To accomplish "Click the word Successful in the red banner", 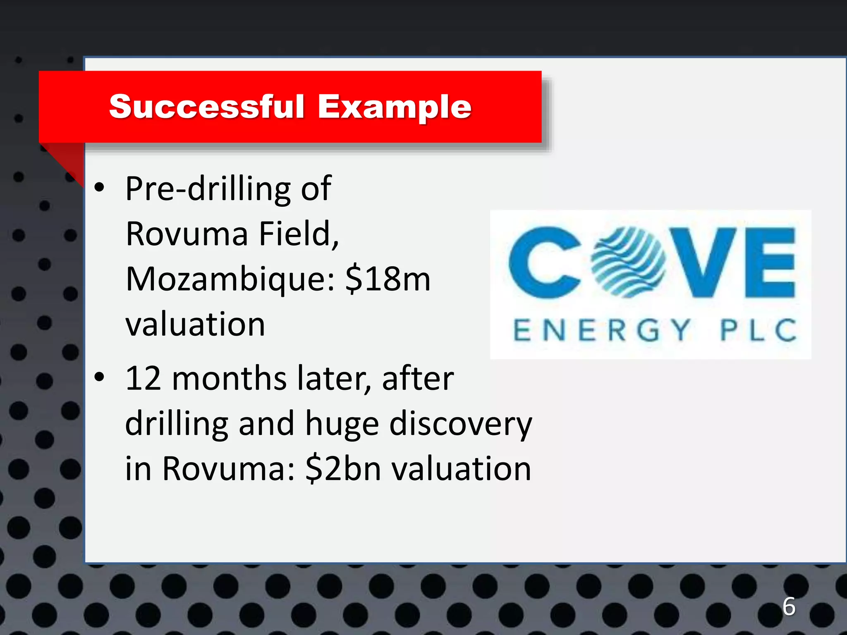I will click(x=207, y=107).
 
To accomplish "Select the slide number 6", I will click(x=789, y=606).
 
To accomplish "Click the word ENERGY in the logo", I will click(x=602, y=330).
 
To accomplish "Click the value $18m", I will click(x=388, y=279).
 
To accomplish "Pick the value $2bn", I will click(x=343, y=469).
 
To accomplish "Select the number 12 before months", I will click(x=143, y=378).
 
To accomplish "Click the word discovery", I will click(x=461, y=425).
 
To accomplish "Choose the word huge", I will click(x=342, y=425).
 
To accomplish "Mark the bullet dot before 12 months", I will click(x=99, y=377).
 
